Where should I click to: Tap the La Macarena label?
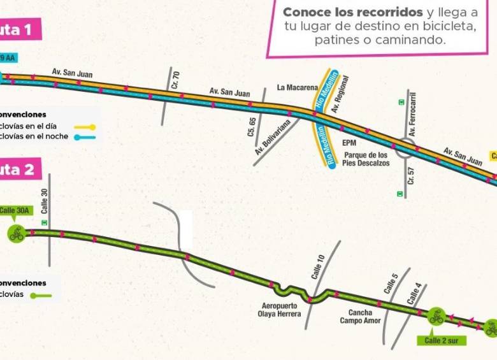(x=292, y=87)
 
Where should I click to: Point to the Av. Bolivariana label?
(x=277, y=137)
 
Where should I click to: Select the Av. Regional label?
(x=341, y=93)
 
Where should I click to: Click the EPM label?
(x=349, y=143)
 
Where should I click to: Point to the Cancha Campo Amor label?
(x=364, y=317)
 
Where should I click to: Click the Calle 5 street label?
(x=391, y=283)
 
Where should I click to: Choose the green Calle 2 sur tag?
(x=445, y=340)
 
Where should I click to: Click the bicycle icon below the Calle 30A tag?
(x=16, y=234)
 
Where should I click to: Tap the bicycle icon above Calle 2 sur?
(x=436, y=315)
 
